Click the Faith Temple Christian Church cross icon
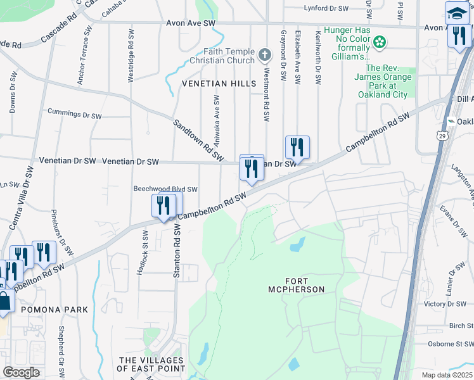point(266,56)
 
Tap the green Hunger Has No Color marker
point(380,43)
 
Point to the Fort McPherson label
point(296,284)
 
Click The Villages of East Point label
point(151,364)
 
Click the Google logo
point(21,372)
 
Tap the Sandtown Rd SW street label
point(199,139)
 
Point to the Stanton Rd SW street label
point(177,252)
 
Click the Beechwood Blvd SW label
point(165,189)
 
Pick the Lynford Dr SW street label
point(326,8)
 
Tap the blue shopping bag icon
point(4,301)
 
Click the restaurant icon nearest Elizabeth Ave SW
point(297,148)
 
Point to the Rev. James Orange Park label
point(388,82)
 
